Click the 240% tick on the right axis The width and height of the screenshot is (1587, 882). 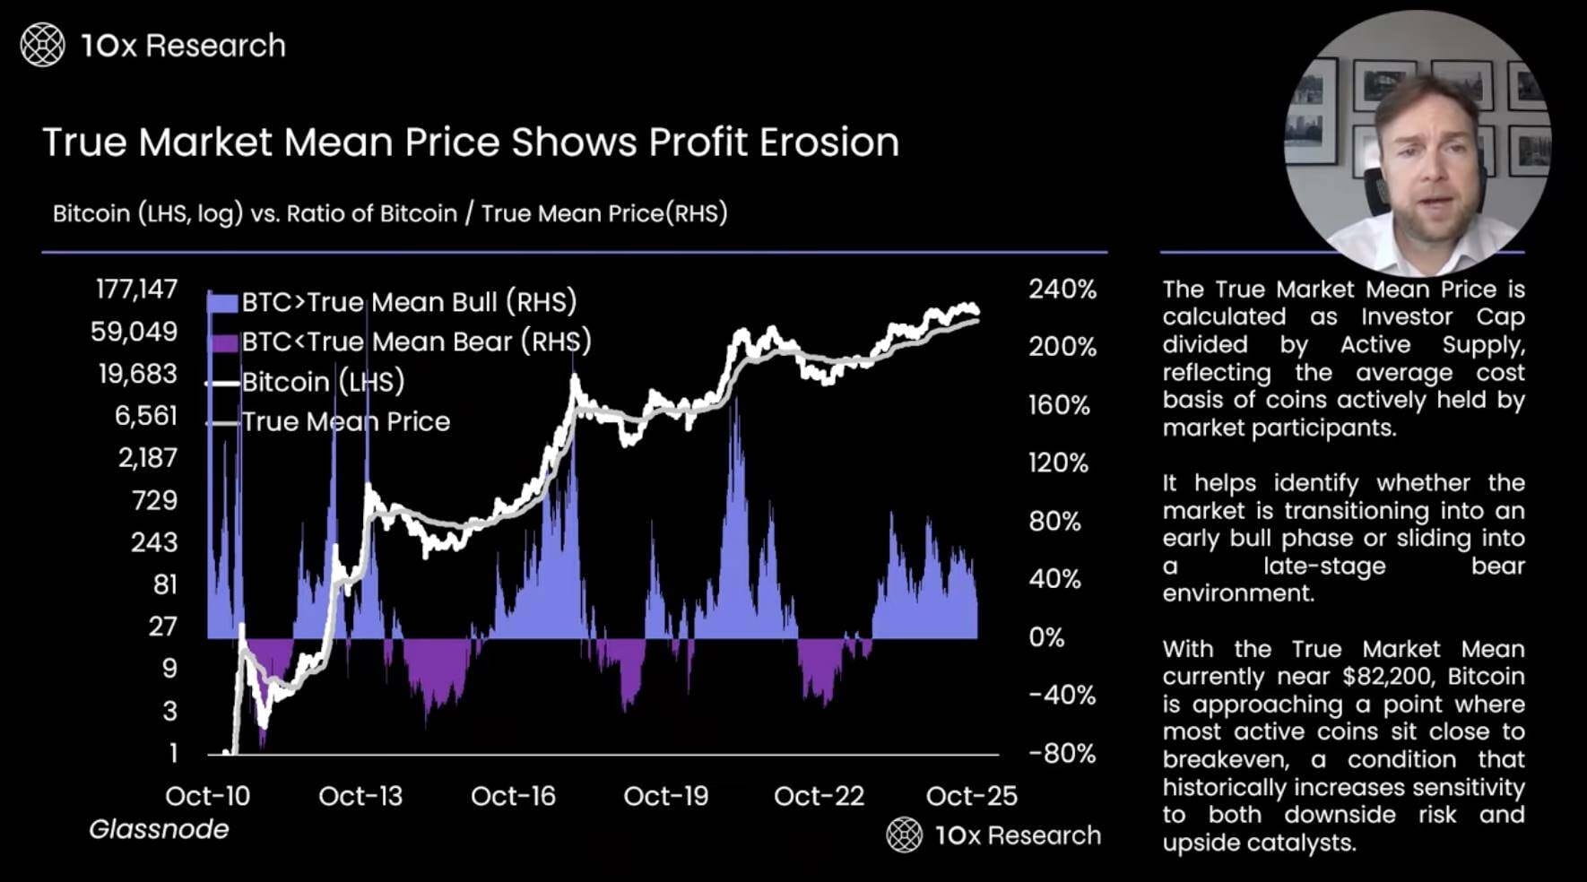(1062, 290)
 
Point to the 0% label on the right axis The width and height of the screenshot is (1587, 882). (1046, 637)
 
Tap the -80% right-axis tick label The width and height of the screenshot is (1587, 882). (1062, 753)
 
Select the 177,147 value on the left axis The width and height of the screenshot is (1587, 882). (136, 290)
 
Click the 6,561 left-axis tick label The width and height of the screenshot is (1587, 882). (146, 416)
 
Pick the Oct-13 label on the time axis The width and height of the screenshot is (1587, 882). (360, 796)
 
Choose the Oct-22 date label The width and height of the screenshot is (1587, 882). (819, 796)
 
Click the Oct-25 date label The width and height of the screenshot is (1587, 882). (971, 796)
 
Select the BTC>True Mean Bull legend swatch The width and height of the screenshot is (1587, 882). (222, 303)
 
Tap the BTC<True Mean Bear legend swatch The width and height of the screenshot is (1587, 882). (222, 342)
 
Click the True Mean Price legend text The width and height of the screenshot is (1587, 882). (346, 422)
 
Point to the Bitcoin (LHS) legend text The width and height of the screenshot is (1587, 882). (323, 382)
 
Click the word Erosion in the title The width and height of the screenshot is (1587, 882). (828, 143)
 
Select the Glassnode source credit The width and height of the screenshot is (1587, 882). (159, 829)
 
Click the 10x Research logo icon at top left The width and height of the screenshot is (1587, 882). (42, 45)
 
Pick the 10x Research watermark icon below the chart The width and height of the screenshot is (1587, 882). (904, 835)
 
